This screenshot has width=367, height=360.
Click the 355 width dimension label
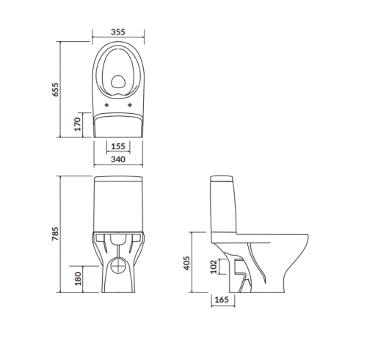(x=118, y=32)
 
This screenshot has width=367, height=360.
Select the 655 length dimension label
(x=56, y=90)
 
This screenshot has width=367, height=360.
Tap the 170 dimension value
(x=77, y=124)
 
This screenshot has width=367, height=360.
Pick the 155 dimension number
(x=118, y=146)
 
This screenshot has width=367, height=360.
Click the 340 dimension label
(x=118, y=159)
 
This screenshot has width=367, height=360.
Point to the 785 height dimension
(x=56, y=234)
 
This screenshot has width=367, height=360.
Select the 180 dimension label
(x=78, y=278)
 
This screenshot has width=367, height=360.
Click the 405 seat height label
(x=186, y=263)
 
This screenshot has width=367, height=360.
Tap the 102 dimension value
(x=214, y=267)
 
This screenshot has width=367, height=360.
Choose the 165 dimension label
(x=222, y=300)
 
